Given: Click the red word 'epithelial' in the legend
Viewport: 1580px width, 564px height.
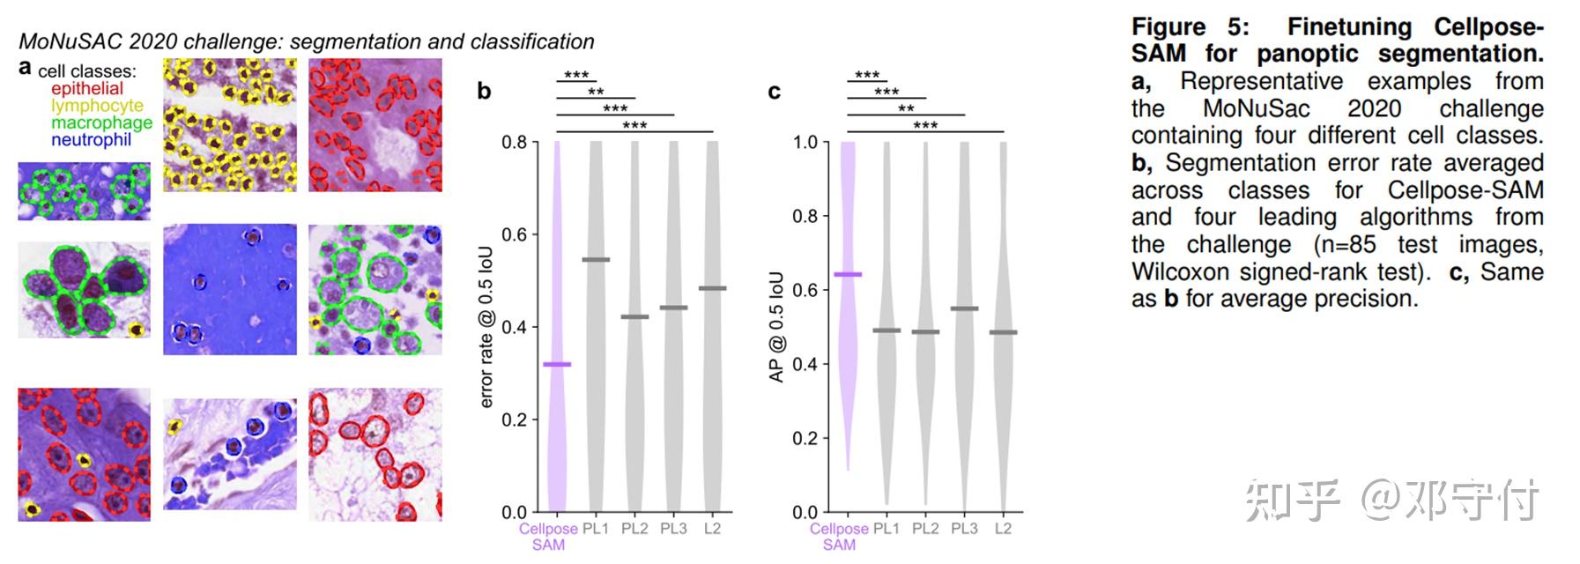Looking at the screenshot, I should [x=86, y=88].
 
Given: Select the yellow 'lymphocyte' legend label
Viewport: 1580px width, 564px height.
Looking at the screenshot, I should [x=97, y=106].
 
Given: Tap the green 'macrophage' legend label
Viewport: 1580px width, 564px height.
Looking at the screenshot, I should [x=101, y=122].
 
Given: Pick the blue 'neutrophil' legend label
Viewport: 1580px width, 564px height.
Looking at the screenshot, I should [x=91, y=139].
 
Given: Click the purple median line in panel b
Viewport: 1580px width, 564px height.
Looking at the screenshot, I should [x=557, y=364].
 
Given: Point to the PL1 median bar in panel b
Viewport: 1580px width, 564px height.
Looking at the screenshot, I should [x=596, y=260].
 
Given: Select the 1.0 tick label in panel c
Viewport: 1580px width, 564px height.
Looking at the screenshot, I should [x=805, y=142].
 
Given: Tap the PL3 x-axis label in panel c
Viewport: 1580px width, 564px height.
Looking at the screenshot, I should [x=964, y=529].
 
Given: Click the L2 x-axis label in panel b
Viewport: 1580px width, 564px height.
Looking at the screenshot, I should [x=712, y=529].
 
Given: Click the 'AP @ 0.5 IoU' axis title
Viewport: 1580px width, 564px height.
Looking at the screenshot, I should [x=776, y=327].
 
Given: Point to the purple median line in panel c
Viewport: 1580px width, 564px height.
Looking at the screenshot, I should [x=848, y=275].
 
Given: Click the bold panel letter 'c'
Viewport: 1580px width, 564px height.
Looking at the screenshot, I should [x=775, y=92].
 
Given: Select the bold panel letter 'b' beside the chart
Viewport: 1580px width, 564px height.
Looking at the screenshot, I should [x=484, y=91].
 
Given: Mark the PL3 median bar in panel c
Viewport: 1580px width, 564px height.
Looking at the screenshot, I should [x=964, y=308].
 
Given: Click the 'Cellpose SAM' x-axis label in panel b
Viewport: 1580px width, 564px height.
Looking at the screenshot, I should [x=548, y=537].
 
